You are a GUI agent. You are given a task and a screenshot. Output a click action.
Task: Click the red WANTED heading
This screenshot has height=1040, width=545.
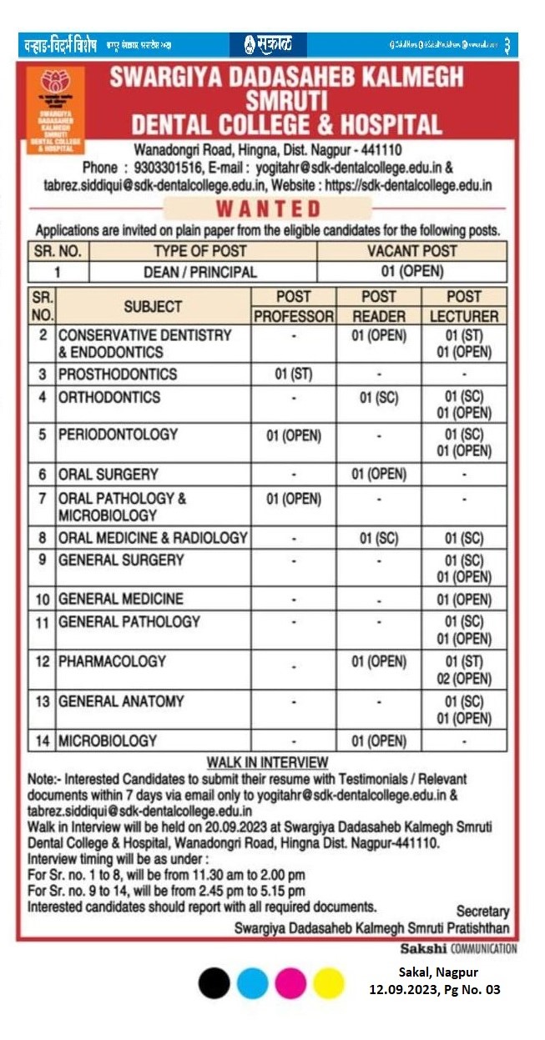pos(268,209)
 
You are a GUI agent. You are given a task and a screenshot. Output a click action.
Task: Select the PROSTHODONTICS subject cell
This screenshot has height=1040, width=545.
pos(118,374)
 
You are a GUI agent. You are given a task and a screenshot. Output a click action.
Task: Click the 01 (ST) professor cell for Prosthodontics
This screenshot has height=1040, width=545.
pos(294,374)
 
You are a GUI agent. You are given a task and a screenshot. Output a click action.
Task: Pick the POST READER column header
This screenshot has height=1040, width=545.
pos(379,306)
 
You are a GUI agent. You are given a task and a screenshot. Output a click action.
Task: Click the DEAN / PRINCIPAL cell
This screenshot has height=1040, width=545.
pos(200,272)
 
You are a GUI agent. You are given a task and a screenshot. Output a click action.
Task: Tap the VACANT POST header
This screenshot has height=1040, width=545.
pos(412,250)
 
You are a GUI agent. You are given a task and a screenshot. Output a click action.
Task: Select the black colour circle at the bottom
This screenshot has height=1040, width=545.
pos(214,983)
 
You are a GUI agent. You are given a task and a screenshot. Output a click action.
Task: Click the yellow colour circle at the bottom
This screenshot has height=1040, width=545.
pos(329,983)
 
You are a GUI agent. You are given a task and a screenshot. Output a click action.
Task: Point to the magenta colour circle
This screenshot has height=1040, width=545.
pos(290,983)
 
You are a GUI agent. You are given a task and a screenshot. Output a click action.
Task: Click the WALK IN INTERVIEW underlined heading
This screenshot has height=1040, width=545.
pos(268,762)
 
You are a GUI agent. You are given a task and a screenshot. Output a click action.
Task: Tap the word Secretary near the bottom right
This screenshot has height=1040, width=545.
pos(482,912)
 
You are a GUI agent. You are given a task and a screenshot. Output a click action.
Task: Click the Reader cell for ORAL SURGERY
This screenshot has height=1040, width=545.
pos(379,474)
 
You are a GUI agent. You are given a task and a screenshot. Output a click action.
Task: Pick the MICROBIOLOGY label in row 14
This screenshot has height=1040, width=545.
pos(108,740)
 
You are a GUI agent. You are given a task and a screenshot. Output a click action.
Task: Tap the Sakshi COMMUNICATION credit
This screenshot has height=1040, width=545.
pos(458,948)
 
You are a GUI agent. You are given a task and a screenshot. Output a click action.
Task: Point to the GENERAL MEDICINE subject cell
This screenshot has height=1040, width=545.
pos(121,599)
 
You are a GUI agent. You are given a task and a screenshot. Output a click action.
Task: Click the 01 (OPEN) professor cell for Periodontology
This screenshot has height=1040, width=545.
pos(294,435)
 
